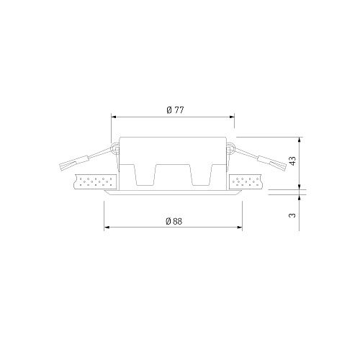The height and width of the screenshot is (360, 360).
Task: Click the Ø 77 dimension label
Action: pyautogui.click(x=175, y=110)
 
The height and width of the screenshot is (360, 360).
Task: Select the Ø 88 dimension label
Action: pyautogui.click(x=174, y=221)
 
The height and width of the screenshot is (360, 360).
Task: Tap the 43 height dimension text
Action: pyautogui.click(x=293, y=161)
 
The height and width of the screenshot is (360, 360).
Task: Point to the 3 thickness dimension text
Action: pyautogui.click(x=292, y=215)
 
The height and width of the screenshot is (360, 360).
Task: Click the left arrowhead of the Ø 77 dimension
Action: pyautogui.click(x=114, y=117)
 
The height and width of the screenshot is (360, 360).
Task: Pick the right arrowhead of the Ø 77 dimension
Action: pyautogui.click(x=232, y=117)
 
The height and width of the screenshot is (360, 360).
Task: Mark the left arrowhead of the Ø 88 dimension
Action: pyautogui.click(x=107, y=227)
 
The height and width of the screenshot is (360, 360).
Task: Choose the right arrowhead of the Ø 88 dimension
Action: pyautogui.click(x=240, y=227)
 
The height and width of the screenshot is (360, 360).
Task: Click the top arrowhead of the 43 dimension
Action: pyautogui.click(x=299, y=140)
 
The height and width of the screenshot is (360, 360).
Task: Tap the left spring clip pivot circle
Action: pyautogui.click(x=116, y=148)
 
